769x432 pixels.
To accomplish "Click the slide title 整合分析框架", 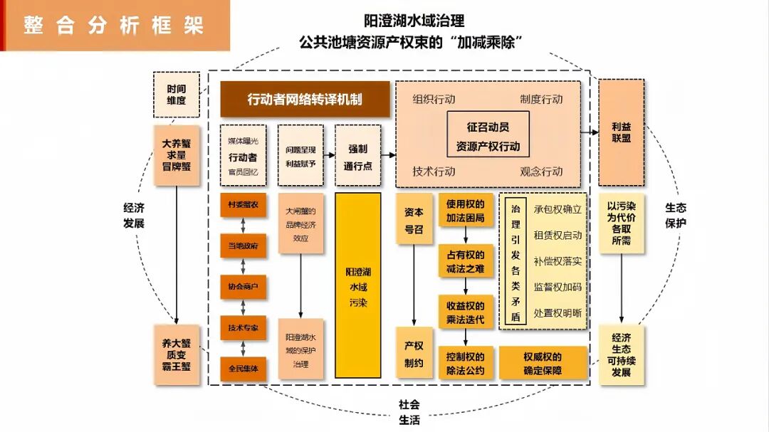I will [x=114, y=26].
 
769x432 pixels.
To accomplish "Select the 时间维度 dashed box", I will [x=176, y=95].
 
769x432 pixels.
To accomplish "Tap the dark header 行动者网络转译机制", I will [x=305, y=100].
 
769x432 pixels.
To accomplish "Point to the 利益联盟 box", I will [x=621, y=132].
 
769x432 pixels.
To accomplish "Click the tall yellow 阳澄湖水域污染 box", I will [x=357, y=285].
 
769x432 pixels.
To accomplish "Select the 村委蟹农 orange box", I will [x=243, y=205].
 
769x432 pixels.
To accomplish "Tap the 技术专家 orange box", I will [x=243, y=328].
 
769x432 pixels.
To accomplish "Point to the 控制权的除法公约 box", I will [x=466, y=363].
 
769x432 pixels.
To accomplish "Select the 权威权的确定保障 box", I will [x=543, y=363].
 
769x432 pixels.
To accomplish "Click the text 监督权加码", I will [x=557, y=287].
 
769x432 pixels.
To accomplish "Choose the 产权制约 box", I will [x=414, y=354].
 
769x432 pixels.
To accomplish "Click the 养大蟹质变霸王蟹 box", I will [x=176, y=354].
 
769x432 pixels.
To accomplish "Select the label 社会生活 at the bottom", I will [x=409, y=412].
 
